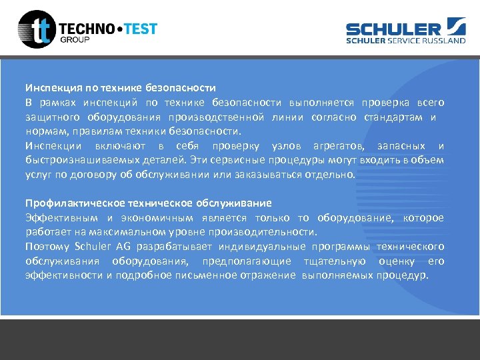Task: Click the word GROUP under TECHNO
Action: coord(75,39)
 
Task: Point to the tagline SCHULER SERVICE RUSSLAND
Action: coord(405,40)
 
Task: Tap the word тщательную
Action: coord(334,261)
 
